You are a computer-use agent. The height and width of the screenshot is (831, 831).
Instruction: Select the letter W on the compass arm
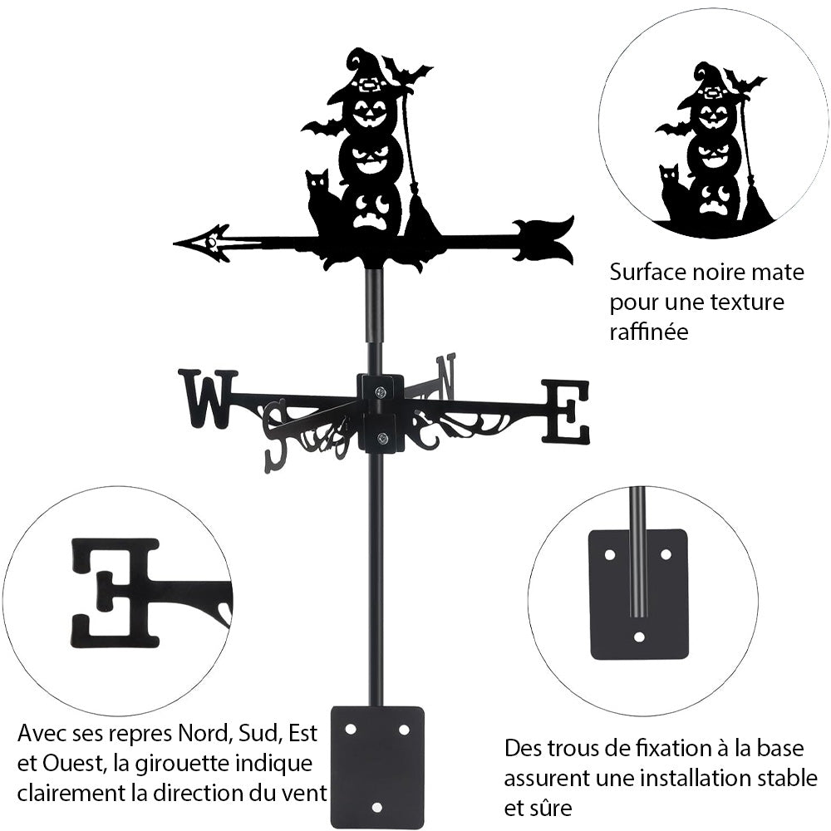(x=207, y=399)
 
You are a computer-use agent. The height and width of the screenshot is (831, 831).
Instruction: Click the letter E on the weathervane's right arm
(x=566, y=411)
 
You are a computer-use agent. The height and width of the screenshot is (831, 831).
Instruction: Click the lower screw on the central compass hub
(x=381, y=440)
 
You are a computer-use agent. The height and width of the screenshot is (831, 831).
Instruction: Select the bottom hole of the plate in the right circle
(x=638, y=637)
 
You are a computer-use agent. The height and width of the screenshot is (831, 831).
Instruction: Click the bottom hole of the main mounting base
(x=377, y=807)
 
